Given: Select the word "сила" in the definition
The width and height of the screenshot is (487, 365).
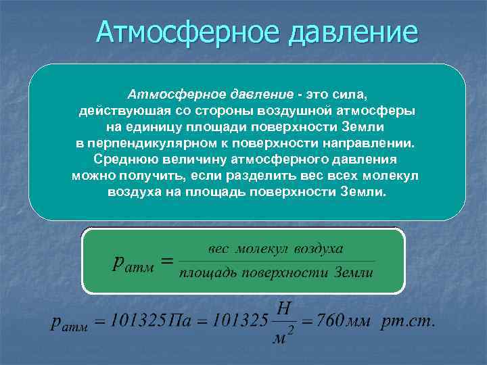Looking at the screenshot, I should tap(352, 93).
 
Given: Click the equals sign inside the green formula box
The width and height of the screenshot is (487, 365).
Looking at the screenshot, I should tap(168, 261).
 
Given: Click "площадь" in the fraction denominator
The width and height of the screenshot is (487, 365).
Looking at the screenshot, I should tap(204, 273).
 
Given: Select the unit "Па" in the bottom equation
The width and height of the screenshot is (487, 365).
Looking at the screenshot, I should tap(179, 320).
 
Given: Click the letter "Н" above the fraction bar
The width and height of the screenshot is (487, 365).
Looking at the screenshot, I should tap(285, 308).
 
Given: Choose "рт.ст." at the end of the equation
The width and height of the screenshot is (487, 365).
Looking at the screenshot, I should tap(408, 320).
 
